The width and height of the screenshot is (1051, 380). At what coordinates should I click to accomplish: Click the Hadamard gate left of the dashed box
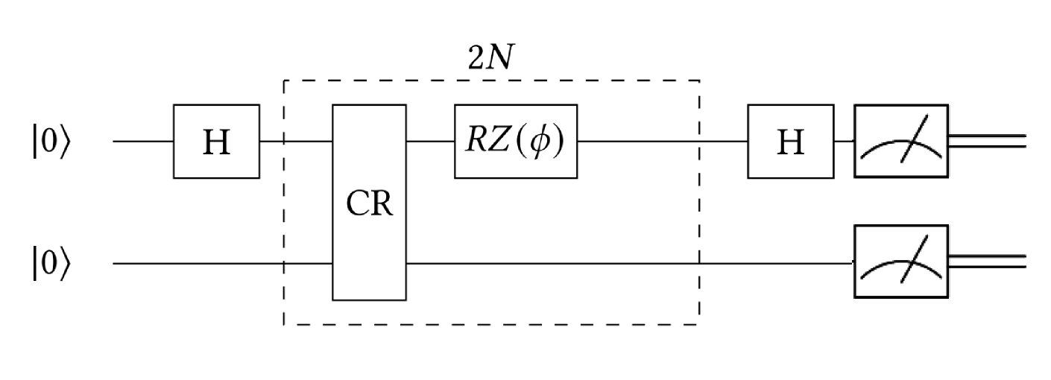(x=216, y=141)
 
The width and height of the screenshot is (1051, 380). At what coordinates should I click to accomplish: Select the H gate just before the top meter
(x=790, y=141)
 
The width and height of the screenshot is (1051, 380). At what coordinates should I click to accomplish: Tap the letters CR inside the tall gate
(x=369, y=203)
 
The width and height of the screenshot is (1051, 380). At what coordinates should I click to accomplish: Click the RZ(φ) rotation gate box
(x=516, y=141)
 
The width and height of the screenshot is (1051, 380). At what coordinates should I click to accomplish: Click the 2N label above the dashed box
(x=490, y=59)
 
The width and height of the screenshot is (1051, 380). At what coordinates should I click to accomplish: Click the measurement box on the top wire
(x=901, y=141)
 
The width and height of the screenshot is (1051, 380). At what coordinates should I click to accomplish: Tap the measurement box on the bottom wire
(x=901, y=262)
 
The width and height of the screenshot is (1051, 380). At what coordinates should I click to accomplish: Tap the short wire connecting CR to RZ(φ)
(x=430, y=141)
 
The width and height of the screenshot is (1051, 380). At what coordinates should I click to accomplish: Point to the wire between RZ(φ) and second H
(x=663, y=141)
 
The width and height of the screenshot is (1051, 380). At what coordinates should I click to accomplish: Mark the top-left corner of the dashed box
(x=284, y=80)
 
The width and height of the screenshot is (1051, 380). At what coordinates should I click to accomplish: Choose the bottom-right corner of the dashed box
(x=698, y=324)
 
